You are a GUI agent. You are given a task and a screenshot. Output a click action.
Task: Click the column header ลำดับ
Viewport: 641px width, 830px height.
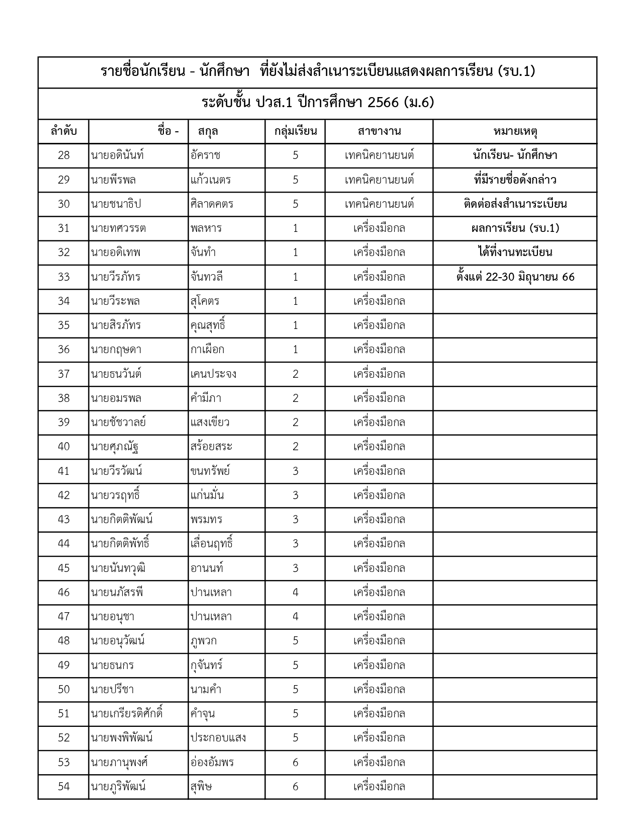point(63,131)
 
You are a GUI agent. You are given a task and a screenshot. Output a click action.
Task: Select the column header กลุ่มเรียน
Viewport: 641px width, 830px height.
point(295,131)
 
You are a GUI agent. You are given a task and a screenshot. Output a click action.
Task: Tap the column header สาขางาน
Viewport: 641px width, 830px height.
point(379,131)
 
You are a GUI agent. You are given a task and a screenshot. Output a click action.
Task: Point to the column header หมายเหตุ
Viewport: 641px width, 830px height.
point(515,131)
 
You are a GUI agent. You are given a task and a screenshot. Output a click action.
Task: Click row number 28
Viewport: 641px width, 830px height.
point(63,155)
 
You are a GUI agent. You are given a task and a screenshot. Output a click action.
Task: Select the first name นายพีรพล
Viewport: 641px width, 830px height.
point(113,180)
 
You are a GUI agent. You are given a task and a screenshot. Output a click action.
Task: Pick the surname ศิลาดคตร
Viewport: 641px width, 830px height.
point(212,204)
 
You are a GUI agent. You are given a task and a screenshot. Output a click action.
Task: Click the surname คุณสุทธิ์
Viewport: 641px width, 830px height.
point(208,325)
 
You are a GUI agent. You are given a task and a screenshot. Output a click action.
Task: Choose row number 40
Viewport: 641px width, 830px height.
point(63,446)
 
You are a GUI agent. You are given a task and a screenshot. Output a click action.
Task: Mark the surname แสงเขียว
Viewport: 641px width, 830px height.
point(210,422)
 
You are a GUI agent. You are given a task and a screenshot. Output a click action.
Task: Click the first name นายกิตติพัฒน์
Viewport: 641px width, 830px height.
point(122,519)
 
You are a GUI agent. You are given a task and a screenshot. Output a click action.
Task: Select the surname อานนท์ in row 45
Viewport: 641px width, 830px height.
point(207,568)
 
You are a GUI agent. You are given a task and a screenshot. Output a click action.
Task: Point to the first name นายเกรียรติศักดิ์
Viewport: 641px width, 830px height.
point(127,713)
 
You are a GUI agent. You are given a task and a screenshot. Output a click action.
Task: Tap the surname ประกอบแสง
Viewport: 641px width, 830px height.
point(218,737)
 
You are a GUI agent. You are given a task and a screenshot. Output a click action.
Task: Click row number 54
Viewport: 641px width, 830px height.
point(63,786)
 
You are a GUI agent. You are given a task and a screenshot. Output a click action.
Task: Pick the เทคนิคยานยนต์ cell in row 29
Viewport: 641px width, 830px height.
point(379,180)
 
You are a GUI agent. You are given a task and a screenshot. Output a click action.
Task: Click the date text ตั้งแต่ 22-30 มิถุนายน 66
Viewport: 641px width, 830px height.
point(515,277)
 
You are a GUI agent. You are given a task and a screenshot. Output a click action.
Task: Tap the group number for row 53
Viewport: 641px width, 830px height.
point(295,762)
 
